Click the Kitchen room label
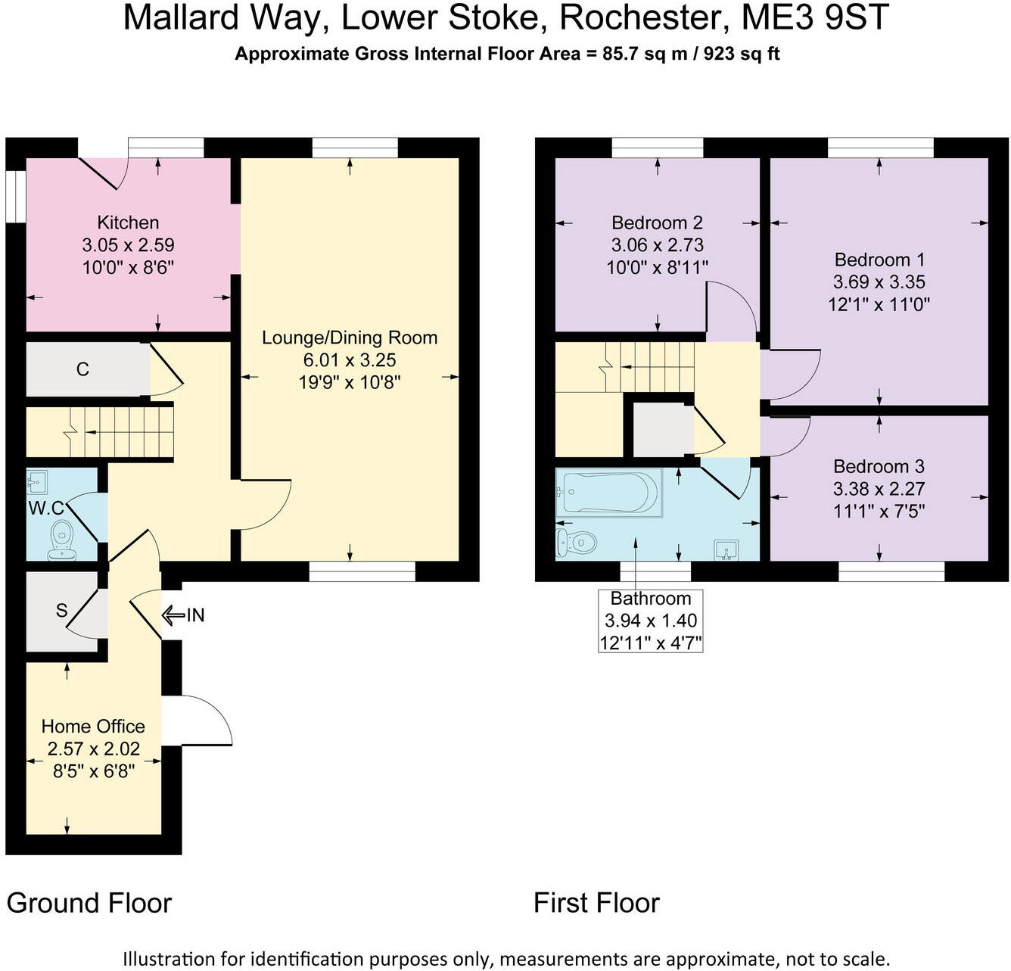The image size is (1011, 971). [128, 223]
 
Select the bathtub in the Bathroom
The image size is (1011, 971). [608, 493]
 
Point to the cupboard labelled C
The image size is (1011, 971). [83, 369]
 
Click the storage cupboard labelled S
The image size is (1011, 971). [61, 611]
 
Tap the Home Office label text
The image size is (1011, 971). [93, 727]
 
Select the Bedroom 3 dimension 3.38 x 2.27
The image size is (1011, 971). [879, 489]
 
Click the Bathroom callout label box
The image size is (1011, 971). [651, 621]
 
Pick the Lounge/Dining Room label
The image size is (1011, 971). [350, 338]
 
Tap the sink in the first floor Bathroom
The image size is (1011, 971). [726, 550]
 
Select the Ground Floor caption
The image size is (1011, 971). [89, 903]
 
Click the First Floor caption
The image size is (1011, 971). [596, 903]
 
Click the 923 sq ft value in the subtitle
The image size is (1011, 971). [742, 54]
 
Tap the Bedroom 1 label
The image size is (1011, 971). [879, 260]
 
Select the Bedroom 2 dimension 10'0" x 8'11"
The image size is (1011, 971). [657, 267]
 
